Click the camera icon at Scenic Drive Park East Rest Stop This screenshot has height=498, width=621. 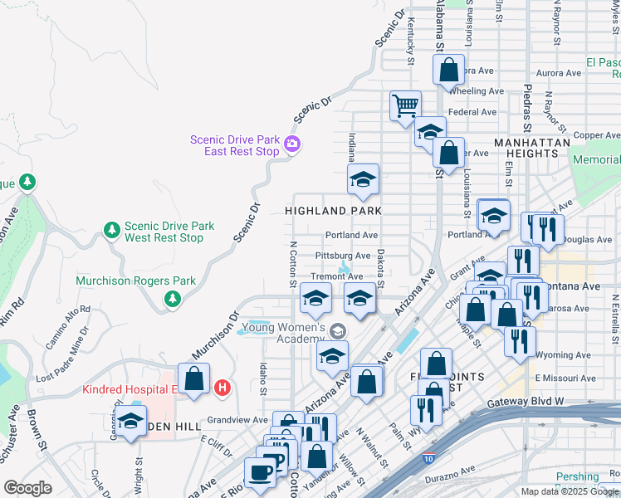(291, 145)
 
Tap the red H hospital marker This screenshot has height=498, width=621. (222, 387)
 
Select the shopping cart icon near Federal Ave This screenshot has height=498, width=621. (406, 105)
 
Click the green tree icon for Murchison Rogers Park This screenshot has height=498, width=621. (172, 298)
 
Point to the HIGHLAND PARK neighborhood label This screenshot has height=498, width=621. (333, 211)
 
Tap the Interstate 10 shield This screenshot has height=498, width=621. (427, 457)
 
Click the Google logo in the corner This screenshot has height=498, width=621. (27, 488)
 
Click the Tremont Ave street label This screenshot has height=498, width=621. (336, 276)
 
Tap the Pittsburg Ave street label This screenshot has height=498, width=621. (343, 256)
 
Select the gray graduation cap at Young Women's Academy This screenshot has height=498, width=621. (337, 330)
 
